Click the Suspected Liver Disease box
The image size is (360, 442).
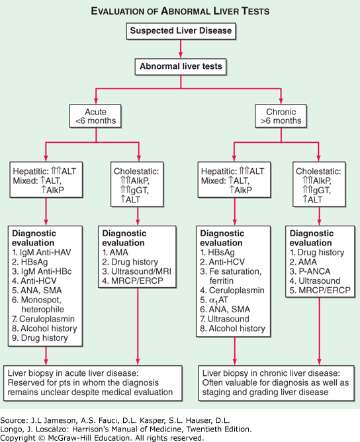[x=180, y=30]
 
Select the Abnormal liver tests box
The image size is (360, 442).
[x=180, y=66]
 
